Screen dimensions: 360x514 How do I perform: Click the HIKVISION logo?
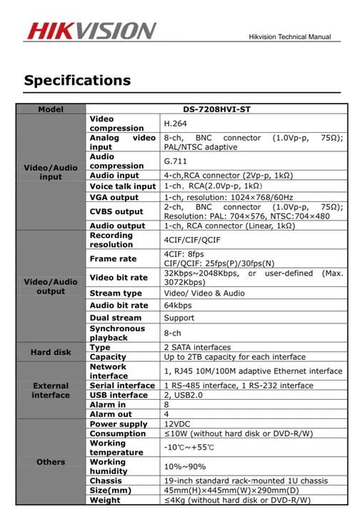click(91, 31)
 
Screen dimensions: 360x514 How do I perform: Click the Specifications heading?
click(77, 80)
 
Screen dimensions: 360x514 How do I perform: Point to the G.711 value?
click(174, 161)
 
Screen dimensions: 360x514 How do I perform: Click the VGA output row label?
click(114, 197)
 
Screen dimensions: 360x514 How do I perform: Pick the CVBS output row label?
click(116, 211)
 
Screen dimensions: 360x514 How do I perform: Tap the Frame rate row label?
click(113, 258)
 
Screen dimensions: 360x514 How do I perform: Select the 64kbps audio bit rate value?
click(178, 306)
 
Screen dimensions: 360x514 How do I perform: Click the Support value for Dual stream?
click(179, 318)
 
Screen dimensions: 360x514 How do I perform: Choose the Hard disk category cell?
click(51, 353)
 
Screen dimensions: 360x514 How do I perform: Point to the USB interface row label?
click(119, 395)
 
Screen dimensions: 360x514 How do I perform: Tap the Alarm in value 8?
click(166, 404)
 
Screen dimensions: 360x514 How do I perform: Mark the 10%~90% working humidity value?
click(184, 466)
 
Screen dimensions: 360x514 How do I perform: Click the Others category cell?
click(51, 462)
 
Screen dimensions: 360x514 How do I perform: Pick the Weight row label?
click(105, 500)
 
